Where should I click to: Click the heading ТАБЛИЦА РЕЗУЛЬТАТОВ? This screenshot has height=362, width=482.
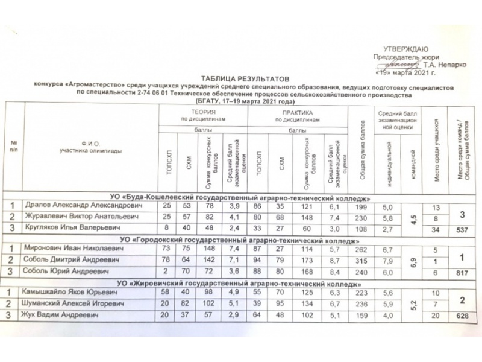click(x=245, y=79)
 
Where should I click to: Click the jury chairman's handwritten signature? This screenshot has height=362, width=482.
click(x=403, y=62)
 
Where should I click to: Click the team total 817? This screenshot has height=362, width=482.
click(x=463, y=271)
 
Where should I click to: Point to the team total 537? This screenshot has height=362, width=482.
click(x=463, y=229)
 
